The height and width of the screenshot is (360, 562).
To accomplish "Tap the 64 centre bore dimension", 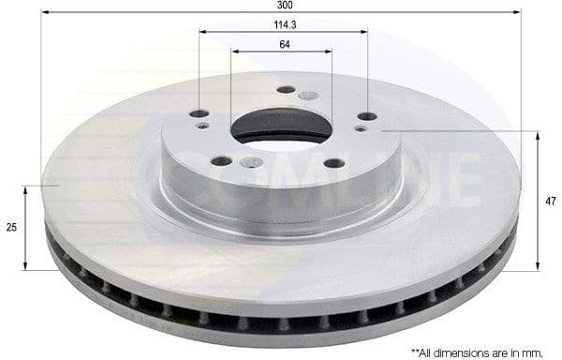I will click(x=282, y=43).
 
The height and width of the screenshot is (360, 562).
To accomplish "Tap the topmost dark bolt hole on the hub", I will click(x=286, y=90).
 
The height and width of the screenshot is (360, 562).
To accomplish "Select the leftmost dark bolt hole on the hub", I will click(x=199, y=113).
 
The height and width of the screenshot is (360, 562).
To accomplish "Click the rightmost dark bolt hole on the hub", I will click(x=367, y=116).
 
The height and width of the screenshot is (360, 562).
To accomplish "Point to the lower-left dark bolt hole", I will click(x=221, y=161).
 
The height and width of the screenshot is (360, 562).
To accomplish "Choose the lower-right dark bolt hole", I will click(x=334, y=163).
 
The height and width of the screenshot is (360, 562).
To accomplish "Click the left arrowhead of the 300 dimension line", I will click(x=45, y=12).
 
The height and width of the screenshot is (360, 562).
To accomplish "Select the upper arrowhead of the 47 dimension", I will click(x=537, y=135).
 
